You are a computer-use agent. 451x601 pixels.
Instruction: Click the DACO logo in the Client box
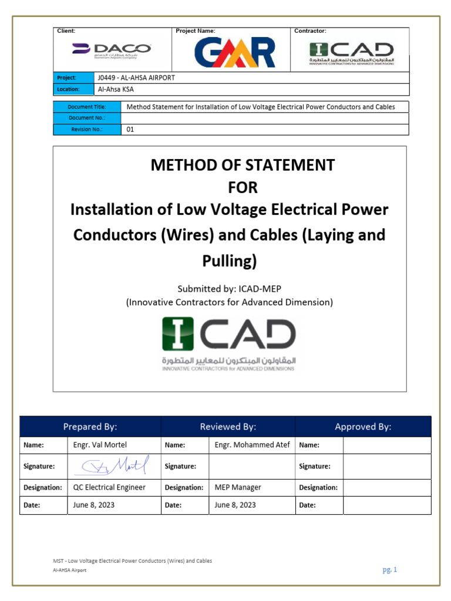112,50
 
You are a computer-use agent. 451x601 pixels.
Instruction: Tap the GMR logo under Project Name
235,53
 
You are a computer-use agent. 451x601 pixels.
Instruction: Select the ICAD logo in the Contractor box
352,53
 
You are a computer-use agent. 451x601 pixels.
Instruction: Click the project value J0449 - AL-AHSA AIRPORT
136,78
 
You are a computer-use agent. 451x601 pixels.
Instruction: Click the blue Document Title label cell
87,107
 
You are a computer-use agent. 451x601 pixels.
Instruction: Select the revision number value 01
130,129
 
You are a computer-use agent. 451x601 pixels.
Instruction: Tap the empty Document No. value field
264,118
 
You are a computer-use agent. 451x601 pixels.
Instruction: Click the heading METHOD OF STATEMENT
243,165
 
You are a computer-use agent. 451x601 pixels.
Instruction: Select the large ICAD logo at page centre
229,343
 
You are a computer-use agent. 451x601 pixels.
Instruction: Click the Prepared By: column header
90,427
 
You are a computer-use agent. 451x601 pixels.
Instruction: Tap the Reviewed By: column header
228,427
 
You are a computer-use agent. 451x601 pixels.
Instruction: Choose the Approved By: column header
363,427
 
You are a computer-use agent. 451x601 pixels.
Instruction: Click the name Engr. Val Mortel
99,445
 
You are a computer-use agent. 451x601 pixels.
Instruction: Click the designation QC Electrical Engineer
109,487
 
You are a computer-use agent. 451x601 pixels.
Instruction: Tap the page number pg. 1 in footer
389,569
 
